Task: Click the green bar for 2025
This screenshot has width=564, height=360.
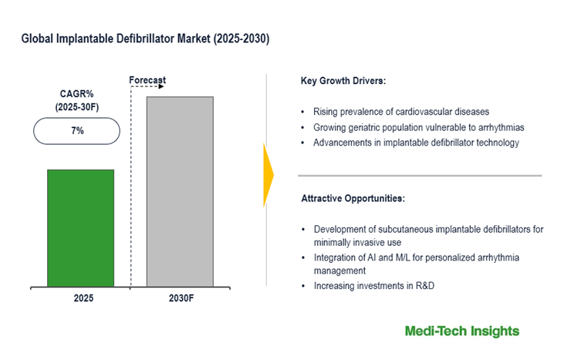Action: pos(80,228)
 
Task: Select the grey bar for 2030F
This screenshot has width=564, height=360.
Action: pos(179,191)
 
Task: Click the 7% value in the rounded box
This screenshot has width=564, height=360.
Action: pos(77,131)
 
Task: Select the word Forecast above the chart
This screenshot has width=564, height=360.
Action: pos(147,80)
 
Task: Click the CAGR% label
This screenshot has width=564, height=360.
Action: pos(76,94)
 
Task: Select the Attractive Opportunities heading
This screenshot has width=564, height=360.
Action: pos(352,198)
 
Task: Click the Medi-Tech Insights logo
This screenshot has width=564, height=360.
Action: pos(462,331)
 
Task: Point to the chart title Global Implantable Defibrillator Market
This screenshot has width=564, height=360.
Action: pos(146,39)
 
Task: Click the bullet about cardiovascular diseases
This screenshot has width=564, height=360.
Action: pos(400,112)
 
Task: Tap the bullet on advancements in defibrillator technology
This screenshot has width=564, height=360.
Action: pos(416,143)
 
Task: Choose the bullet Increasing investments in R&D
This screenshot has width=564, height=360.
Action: pos(373,286)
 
